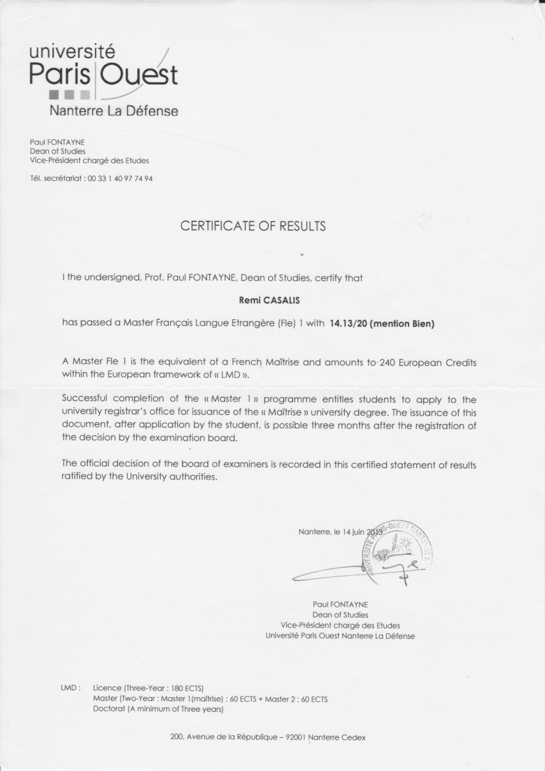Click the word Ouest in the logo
138,75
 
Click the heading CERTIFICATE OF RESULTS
253,227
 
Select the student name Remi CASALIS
269,299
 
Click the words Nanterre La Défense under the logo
114,111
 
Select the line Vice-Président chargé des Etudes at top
90,160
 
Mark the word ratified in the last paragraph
80,478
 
